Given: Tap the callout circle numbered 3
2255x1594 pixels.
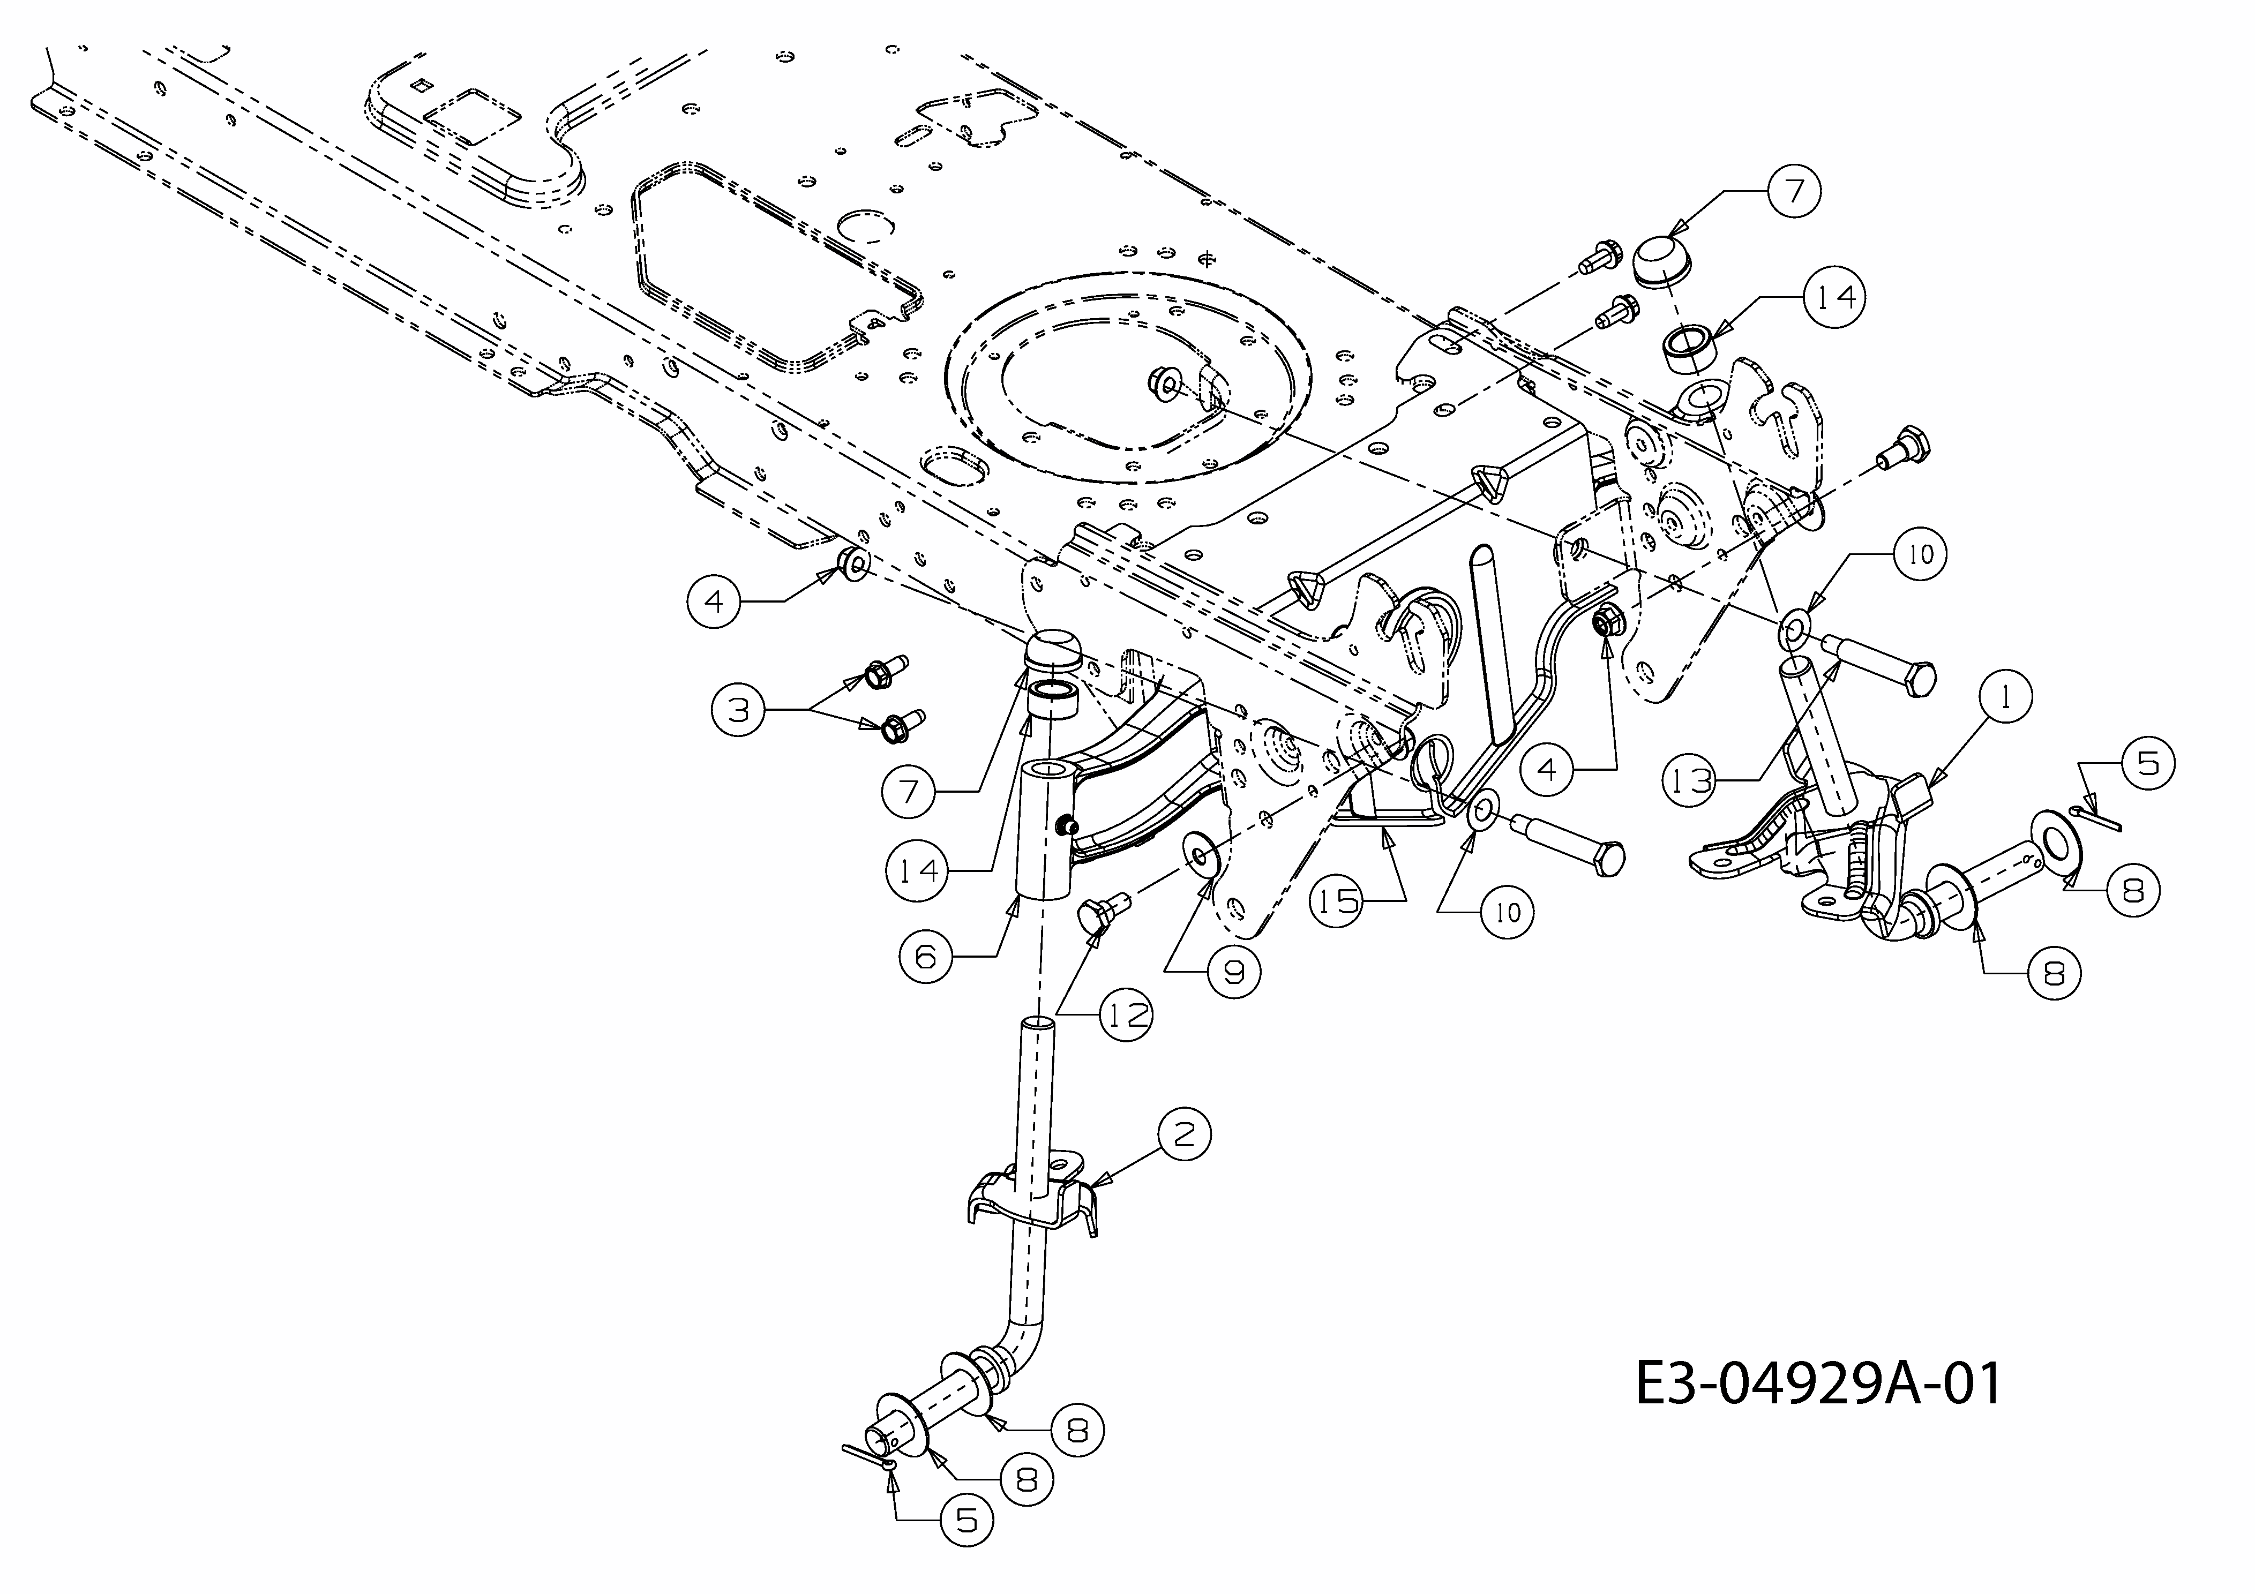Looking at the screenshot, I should (x=739, y=709).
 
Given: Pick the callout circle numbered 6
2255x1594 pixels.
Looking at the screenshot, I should (x=926, y=956).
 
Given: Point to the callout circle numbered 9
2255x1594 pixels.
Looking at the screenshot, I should (x=1233, y=971).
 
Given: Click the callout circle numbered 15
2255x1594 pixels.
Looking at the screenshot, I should (x=1338, y=900).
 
